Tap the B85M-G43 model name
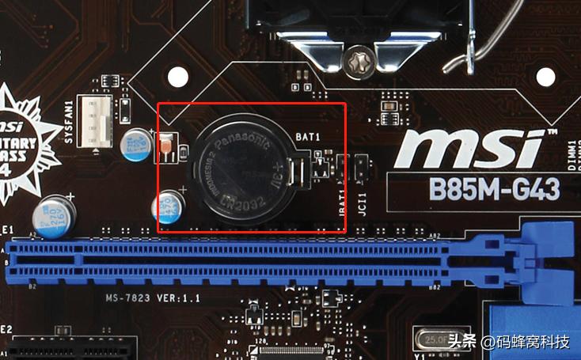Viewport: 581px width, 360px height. (x=493, y=190)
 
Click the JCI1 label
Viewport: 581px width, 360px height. (x=362, y=198)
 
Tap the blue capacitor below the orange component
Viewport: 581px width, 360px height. (x=167, y=205)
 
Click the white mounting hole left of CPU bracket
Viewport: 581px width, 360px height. (x=179, y=76)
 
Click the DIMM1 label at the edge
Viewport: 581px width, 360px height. (x=571, y=154)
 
